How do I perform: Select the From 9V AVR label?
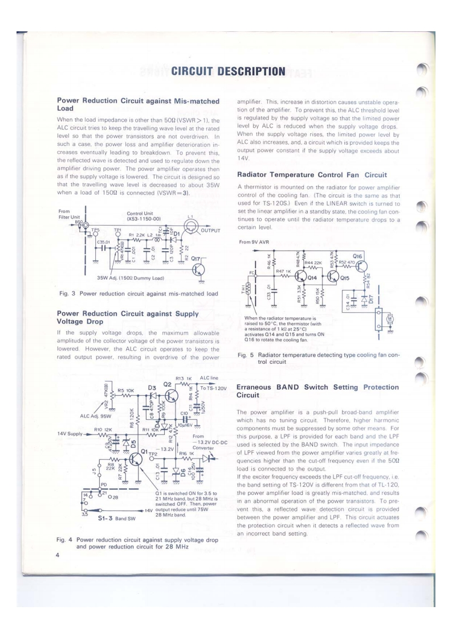coord(254,242)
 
